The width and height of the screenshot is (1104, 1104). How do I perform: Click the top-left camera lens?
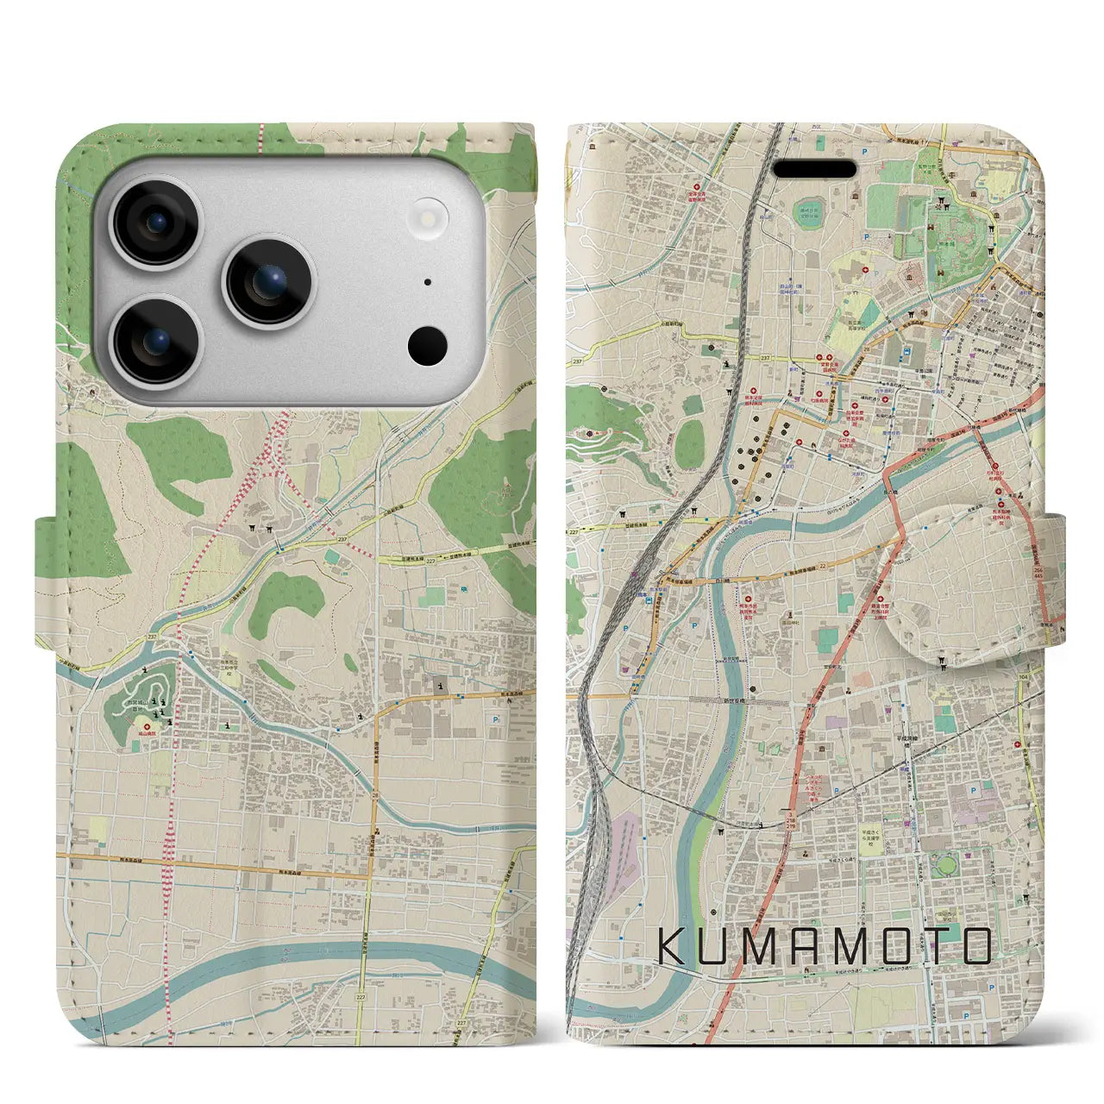click(158, 222)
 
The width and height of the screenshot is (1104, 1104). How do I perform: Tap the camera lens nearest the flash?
click(269, 282)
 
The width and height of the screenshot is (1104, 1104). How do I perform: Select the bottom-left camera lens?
click(158, 342)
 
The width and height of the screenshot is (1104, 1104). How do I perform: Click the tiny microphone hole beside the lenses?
click(428, 282)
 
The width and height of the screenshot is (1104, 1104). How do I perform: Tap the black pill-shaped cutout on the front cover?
click(813, 169)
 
